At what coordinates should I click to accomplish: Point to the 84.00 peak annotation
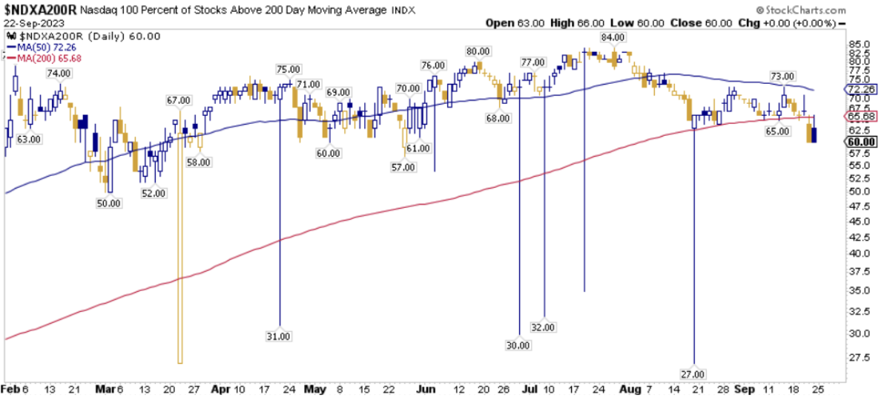(613, 37)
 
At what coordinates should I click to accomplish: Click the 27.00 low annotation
(693, 373)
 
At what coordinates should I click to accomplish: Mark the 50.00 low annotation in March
(109, 203)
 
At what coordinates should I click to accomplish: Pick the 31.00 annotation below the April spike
(279, 336)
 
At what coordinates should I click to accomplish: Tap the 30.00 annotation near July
(518, 345)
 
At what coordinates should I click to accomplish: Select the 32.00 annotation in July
(544, 327)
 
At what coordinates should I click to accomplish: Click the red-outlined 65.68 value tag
(861, 117)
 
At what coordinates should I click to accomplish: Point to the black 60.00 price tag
(861, 141)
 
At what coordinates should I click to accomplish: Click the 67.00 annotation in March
(179, 99)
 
